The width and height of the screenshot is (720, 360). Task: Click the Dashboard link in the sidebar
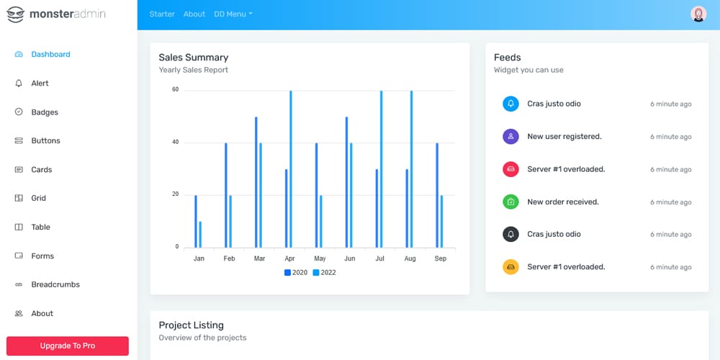tap(50, 54)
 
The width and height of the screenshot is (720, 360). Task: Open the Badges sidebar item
tap(44, 112)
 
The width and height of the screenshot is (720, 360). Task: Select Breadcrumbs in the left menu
tap(55, 284)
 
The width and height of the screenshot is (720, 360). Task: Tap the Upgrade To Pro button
tap(68, 346)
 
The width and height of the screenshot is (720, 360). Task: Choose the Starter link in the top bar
tap(162, 14)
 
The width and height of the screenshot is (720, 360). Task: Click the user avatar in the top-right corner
tap(698, 14)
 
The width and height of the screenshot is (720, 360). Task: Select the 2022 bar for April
tap(291, 168)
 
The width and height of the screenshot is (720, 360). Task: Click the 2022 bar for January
tap(200, 234)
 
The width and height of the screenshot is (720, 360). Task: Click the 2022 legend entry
tap(324, 272)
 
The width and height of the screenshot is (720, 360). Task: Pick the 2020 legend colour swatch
tap(287, 272)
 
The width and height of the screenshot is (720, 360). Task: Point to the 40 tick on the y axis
tap(175, 143)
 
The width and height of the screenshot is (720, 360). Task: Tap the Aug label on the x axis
tap(410, 258)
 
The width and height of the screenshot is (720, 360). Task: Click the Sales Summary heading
tap(193, 58)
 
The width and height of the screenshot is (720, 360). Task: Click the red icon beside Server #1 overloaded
tap(510, 169)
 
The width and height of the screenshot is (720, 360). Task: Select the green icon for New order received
tap(510, 202)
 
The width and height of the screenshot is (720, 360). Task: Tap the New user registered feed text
tap(564, 136)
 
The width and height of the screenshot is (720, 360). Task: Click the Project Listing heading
tap(191, 325)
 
